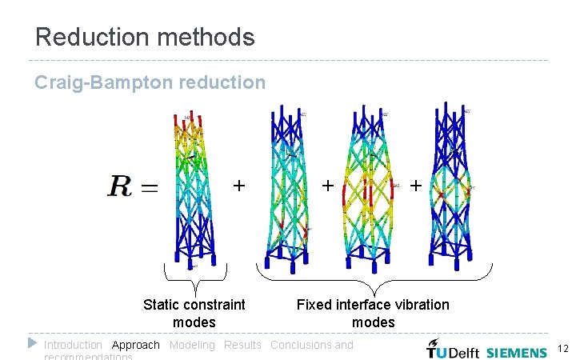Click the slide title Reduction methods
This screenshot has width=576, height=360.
pos(145,37)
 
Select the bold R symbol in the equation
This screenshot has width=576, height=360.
pos(121,187)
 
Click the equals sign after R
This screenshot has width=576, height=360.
pos(149,189)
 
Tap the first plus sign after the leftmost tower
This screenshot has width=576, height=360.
pos(238,186)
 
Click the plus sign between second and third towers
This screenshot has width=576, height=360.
pos(327,186)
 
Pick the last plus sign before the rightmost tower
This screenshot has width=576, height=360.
pos(415,186)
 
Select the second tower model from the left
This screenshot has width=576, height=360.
pos(286,188)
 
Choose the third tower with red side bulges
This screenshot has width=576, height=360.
pos(368,188)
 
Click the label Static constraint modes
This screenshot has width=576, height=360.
pos(194,313)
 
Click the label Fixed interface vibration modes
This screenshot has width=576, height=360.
pos(373,313)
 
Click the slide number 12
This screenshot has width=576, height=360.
pos(562,349)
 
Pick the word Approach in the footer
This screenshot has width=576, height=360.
pos(136,345)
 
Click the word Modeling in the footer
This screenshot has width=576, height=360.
pos(192,345)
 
